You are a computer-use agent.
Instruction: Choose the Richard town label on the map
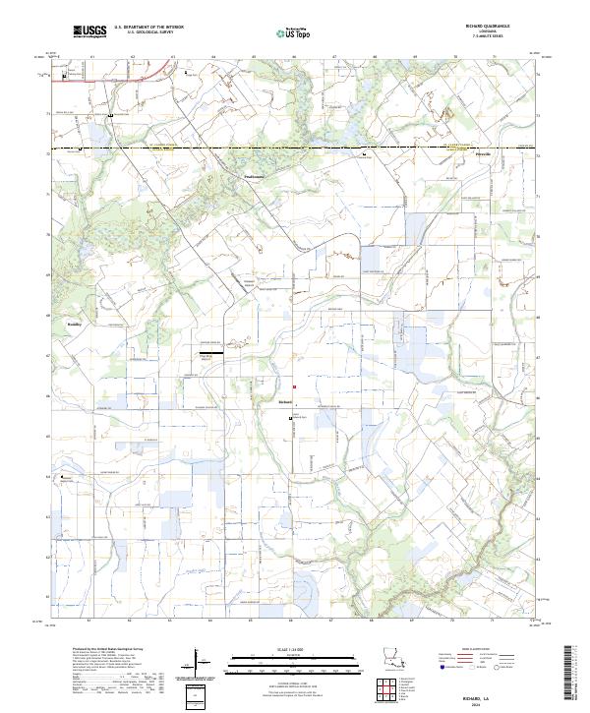(x=286, y=400)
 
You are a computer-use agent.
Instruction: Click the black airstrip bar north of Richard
(x=210, y=351)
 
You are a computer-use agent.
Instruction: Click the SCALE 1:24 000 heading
(x=293, y=647)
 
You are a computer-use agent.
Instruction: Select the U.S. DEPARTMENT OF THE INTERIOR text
(x=147, y=27)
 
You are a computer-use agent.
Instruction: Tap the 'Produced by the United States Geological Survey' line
(x=99, y=650)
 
